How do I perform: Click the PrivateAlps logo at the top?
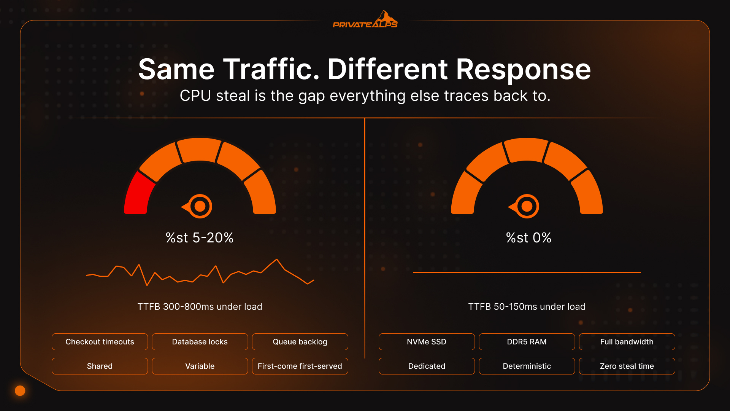(x=365, y=21)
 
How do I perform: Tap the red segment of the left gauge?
(x=138, y=194)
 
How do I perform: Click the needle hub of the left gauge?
(x=200, y=206)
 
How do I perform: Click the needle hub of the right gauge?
(x=527, y=206)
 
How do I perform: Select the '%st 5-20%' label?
(x=200, y=238)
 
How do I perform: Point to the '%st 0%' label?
(x=528, y=238)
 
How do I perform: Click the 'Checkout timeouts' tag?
(x=100, y=342)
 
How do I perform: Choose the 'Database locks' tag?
(x=200, y=342)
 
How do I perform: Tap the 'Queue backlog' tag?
(x=300, y=342)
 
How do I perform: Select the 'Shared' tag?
(x=100, y=366)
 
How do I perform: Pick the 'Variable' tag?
(x=200, y=366)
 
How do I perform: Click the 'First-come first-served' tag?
(x=300, y=366)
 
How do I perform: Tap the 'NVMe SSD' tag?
(x=427, y=342)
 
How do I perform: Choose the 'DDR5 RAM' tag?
(x=527, y=342)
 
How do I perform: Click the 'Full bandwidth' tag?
(x=627, y=342)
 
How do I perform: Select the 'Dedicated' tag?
(x=427, y=366)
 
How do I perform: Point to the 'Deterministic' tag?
(x=527, y=366)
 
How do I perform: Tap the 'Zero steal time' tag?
(x=627, y=366)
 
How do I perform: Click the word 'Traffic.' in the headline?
(x=271, y=69)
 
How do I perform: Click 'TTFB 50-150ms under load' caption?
(x=527, y=307)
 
